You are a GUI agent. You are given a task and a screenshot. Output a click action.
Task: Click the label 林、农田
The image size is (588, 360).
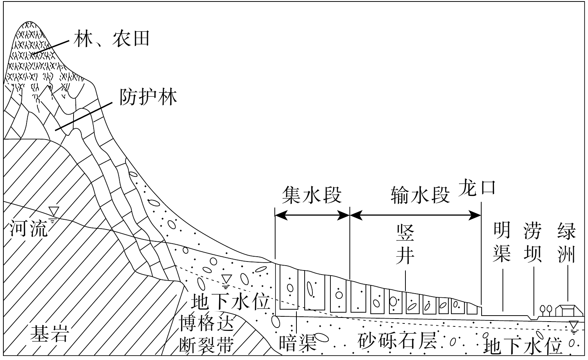(111, 38)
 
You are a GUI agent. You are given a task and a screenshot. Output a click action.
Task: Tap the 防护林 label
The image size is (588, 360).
(148, 97)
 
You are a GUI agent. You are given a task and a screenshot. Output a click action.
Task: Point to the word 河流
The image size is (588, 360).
(28, 228)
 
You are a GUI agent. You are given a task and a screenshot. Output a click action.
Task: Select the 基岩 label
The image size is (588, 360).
(49, 333)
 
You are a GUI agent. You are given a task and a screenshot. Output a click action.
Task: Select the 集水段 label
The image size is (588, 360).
(312, 195)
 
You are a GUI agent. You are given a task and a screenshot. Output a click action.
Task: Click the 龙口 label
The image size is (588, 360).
(478, 187)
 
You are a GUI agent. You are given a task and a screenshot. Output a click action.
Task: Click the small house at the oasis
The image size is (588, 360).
(569, 310)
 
